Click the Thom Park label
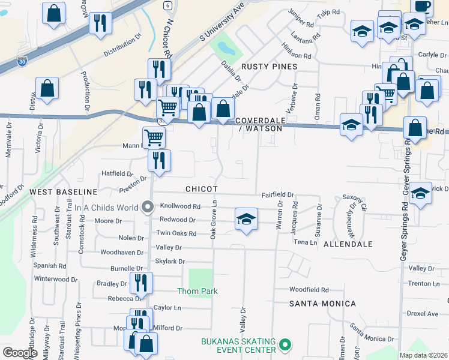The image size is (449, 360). coord(197,291)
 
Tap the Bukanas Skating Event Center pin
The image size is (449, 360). coord(286,346)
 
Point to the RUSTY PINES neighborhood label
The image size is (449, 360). coord(269,66)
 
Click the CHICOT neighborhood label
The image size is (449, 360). coord(201,189)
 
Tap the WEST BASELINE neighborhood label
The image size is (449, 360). coord(64,191)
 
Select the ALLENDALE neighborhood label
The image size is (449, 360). coord(348,244)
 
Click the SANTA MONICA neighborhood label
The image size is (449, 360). coord(323,304)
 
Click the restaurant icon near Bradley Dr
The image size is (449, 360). coord(141,282)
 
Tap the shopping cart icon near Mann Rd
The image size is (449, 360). coord(154,137)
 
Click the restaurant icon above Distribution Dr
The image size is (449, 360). coord(100,23)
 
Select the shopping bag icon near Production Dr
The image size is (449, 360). coord(47,88)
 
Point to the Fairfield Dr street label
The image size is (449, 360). coord(277,195)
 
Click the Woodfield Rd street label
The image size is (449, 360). coord(309,289)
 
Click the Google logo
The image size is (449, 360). coord(20,353)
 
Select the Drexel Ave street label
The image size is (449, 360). coord(423,313)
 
